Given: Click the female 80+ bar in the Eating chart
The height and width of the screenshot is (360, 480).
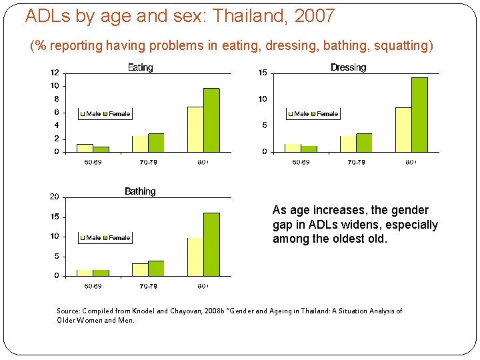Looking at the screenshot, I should pos(211,121).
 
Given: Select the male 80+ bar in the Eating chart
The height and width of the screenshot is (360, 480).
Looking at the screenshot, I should pos(195,130).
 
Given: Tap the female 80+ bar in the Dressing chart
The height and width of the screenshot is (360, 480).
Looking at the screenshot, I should pos(419,115).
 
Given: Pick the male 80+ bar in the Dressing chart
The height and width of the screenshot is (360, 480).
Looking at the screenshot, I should pos(403,130).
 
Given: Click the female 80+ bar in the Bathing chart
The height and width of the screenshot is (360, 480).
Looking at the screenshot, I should pos(211,245).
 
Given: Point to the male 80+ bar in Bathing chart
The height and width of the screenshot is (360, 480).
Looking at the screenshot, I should pos(195,257).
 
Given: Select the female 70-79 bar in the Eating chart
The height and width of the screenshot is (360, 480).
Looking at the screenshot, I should pos(156,143).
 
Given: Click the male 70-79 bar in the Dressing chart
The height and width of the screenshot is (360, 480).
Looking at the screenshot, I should pos(348,145).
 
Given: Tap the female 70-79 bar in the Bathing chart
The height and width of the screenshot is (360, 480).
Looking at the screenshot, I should pos(156,269).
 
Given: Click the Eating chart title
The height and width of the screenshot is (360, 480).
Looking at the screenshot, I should pos(140,67).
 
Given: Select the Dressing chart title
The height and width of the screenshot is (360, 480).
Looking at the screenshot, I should pos(348,67).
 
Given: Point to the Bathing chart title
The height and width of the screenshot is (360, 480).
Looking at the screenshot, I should pos(140,191).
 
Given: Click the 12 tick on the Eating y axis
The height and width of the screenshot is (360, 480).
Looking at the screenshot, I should pos(55,73).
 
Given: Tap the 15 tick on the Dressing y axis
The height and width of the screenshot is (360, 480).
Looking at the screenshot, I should pos(263,73).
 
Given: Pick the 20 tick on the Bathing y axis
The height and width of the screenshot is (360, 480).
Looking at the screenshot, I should pos(55,197).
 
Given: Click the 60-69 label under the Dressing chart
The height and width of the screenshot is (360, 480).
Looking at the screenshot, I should pos(301,162).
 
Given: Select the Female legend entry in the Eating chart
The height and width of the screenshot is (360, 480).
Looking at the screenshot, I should pos(119,114).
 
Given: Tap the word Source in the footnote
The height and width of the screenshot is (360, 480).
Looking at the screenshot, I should pos(68,311).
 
